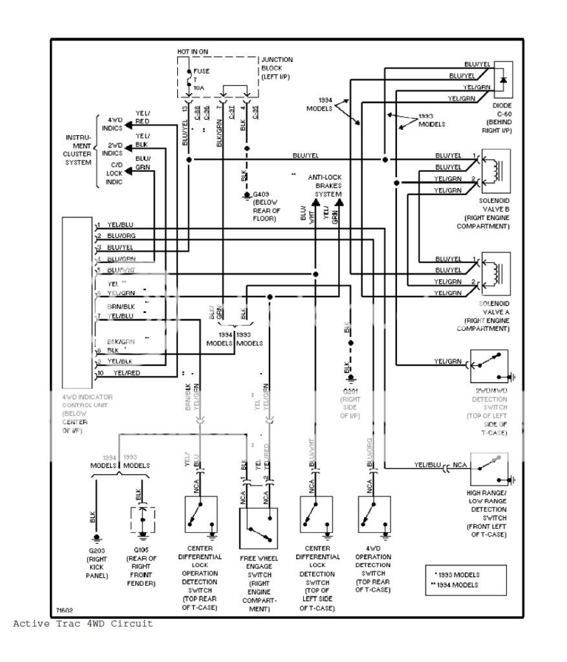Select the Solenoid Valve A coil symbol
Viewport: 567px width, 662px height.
pos(496,272)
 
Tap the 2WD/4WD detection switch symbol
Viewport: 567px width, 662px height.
pos(489,368)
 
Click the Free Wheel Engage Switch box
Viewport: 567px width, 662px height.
pos(258,528)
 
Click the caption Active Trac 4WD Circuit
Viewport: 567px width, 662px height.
pos(83,624)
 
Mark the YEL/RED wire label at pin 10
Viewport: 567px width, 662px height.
pos(126,374)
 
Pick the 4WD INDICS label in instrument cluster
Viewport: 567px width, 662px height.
pos(116,121)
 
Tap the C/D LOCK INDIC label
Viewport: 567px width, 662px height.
pos(115,174)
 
